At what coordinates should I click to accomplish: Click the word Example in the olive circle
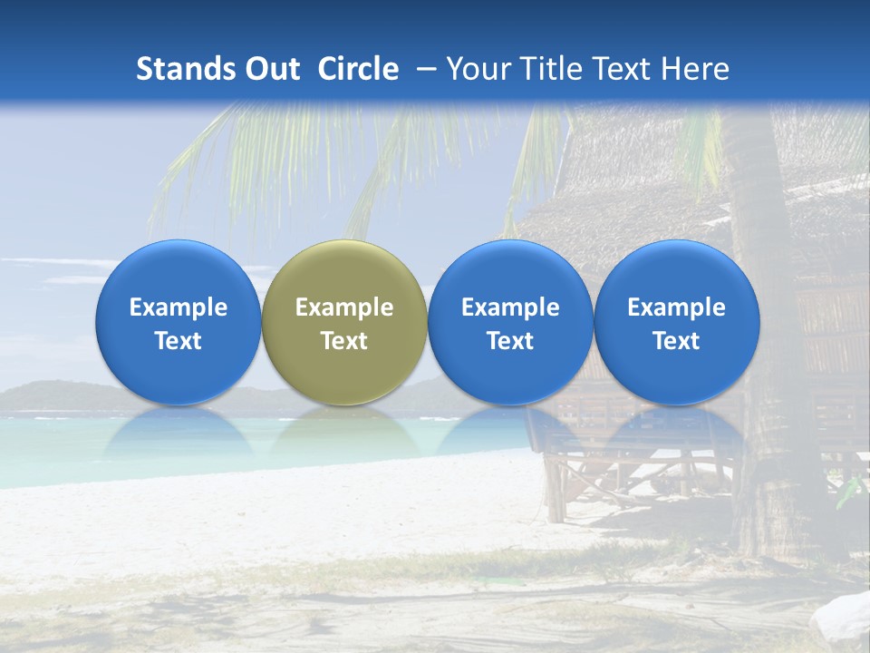click(344, 307)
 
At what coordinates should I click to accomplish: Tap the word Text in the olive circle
click(344, 341)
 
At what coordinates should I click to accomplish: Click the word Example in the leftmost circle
click(179, 307)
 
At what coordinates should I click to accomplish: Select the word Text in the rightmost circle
click(676, 341)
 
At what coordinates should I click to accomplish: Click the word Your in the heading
click(478, 69)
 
